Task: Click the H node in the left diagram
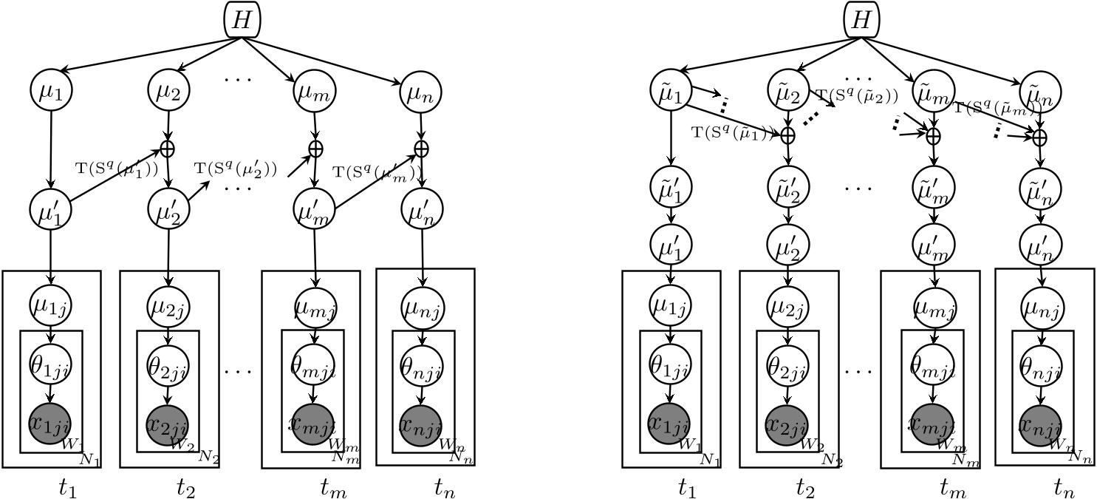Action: pyautogui.click(x=242, y=20)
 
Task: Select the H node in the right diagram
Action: pyautogui.click(x=861, y=20)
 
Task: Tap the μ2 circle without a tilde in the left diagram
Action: pyautogui.click(x=168, y=90)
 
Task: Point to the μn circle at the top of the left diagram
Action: pyautogui.click(x=420, y=92)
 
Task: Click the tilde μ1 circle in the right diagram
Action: pyautogui.click(x=671, y=90)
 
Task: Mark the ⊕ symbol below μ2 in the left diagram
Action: pyautogui.click(x=168, y=149)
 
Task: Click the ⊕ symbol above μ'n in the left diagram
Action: pyautogui.click(x=421, y=149)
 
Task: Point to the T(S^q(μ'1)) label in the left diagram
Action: pyautogui.click(x=117, y=169)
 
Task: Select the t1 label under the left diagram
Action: pyautogui.click(x=67, y=488)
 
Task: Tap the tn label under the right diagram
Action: pyautogui.click(x=1063, y=488)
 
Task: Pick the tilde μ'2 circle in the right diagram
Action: pyautogui.click(x=788, y=186)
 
